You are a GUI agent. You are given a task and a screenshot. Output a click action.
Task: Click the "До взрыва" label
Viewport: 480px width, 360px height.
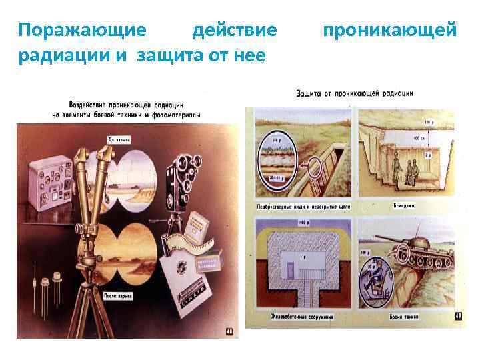(119, 139)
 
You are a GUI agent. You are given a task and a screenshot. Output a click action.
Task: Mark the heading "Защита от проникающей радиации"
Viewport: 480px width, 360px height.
(354, 93)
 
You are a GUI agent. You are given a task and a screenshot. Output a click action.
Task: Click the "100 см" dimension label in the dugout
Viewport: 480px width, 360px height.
(417, 138)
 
